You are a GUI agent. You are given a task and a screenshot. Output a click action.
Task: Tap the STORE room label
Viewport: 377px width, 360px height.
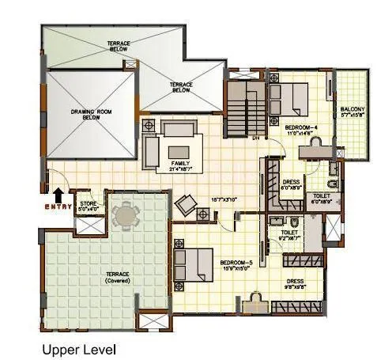88,206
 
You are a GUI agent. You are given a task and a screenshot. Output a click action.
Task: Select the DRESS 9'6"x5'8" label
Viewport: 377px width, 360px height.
295,282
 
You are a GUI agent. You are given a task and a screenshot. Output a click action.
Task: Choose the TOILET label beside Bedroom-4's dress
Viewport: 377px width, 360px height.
321,198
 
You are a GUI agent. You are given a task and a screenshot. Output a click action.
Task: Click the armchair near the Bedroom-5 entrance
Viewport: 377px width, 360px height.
186,204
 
